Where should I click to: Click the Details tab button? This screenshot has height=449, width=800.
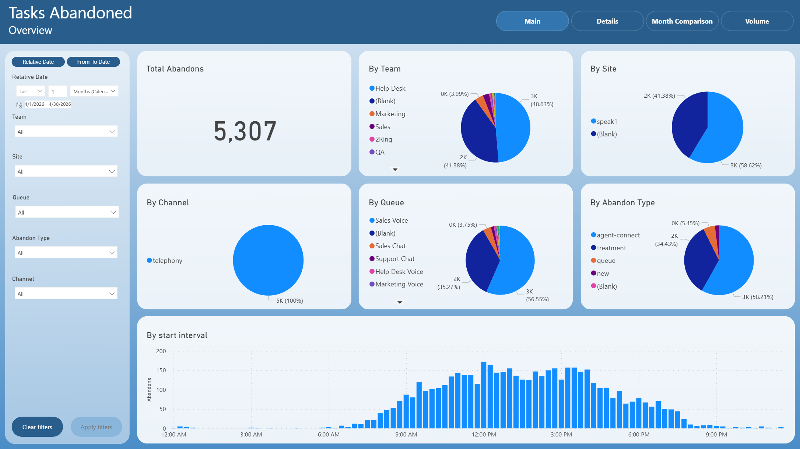click(607, 21)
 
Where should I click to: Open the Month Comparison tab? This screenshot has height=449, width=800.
click(682, 21)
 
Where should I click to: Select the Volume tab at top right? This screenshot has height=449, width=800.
click(757, 21)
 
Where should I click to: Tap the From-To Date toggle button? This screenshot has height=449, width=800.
click(93, 62)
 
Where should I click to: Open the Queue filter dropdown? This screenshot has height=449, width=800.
click(67, 212)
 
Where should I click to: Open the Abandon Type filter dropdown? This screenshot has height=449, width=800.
click(66, 253)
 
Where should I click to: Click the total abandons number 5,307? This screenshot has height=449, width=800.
click(245, 131)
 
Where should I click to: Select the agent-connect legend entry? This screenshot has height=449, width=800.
click(615, 235)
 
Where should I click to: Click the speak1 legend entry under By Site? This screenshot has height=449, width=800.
click(604, 121)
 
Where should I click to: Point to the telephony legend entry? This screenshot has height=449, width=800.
click(165, 261)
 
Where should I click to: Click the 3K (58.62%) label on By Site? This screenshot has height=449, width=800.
click(746, 166)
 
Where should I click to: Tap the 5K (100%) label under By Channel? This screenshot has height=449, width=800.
click(290, 301)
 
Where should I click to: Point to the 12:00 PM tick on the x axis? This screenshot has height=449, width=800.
click(484, 435)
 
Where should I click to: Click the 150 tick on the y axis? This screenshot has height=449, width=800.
click(161, 370)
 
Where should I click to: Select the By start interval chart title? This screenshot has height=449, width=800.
click(177, 335)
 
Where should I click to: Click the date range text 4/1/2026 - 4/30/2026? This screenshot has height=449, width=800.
click(48, 104)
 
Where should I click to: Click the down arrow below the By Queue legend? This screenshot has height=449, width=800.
click(400, 302)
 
